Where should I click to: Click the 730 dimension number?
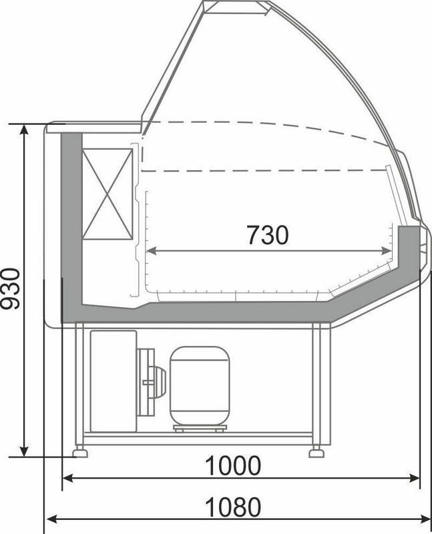tap(268, 235)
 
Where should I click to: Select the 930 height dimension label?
tap(10, 289)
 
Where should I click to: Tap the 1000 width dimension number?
tap(234, 466)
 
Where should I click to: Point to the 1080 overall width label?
tap(234, 507)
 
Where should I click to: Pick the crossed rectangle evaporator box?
tap(107, 194)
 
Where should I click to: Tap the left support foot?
tap(80, 453)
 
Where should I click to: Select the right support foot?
tap(316, 453)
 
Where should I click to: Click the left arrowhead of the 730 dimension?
tap(152, 252)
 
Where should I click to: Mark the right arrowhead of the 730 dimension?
tap(387, 252)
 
